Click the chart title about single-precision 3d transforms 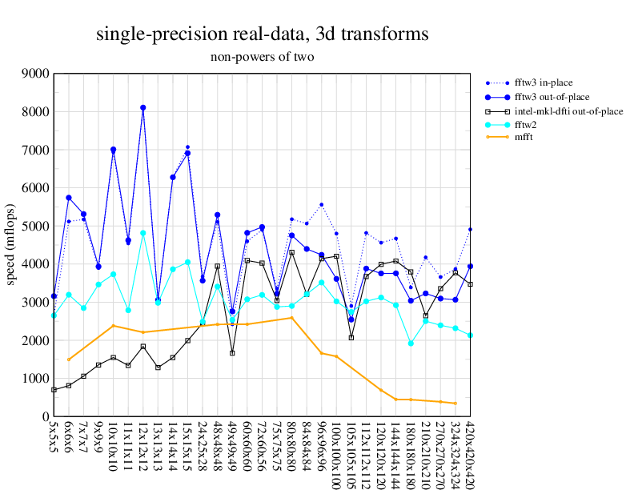262,34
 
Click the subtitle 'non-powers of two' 262,57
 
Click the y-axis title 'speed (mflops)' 11,245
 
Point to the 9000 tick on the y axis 35,74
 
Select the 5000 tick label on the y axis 35,226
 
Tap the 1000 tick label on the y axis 35,379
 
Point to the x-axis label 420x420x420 471,452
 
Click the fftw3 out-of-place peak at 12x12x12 143,107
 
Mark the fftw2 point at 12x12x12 143,233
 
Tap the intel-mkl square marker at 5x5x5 54,390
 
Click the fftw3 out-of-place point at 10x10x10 113,150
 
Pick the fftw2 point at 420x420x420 471,335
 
